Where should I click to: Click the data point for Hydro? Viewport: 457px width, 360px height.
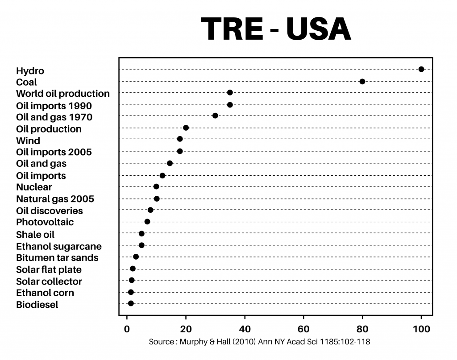pyautogui.click(x=421, y=69)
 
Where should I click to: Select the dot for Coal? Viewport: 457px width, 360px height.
pyautogui.click(x=362, y=82)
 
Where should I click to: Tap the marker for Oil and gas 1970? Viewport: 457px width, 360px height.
pyautogui.click(x=216, y=116)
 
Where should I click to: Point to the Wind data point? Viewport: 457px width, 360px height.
pyautogui.click(x=180, y=139)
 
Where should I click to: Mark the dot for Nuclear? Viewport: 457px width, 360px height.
pyautogui.click(x=156, y=186)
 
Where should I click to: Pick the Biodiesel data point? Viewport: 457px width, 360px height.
pyautogui.click(x=131, y=303)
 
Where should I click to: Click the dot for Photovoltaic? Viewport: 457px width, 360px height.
pyautogui.click(x=147, y=222)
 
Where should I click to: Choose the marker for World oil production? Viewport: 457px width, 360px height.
pyautogui.click(x=230, y=93)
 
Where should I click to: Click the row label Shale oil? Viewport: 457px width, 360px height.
pyautogui.click(x=35, y=235)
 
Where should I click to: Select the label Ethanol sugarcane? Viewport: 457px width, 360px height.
pyautogui.click(x=59, y=246)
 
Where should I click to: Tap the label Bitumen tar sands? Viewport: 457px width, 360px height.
pyautogui.click(x=57, y=258)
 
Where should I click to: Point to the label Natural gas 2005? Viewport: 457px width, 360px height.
pyautogui.click(x=55, y=199)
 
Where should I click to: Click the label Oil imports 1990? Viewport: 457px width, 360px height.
pyautogui.click(x=54, y=106)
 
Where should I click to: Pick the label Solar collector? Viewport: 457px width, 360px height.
pyautogui.click(x=49, y=281)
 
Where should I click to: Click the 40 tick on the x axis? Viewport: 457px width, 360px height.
pyautogui.click(x=245, y=329)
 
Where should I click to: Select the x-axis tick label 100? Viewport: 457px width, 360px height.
pyautogui.click(x=421, y=329)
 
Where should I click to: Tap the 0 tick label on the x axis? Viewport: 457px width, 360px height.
pyautogui.click(x=127, y=329)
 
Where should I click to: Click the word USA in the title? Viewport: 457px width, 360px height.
pyautogui.click(x=319, y=29)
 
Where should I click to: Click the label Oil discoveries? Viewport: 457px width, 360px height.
pyautogui.click(x=50, y=211)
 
